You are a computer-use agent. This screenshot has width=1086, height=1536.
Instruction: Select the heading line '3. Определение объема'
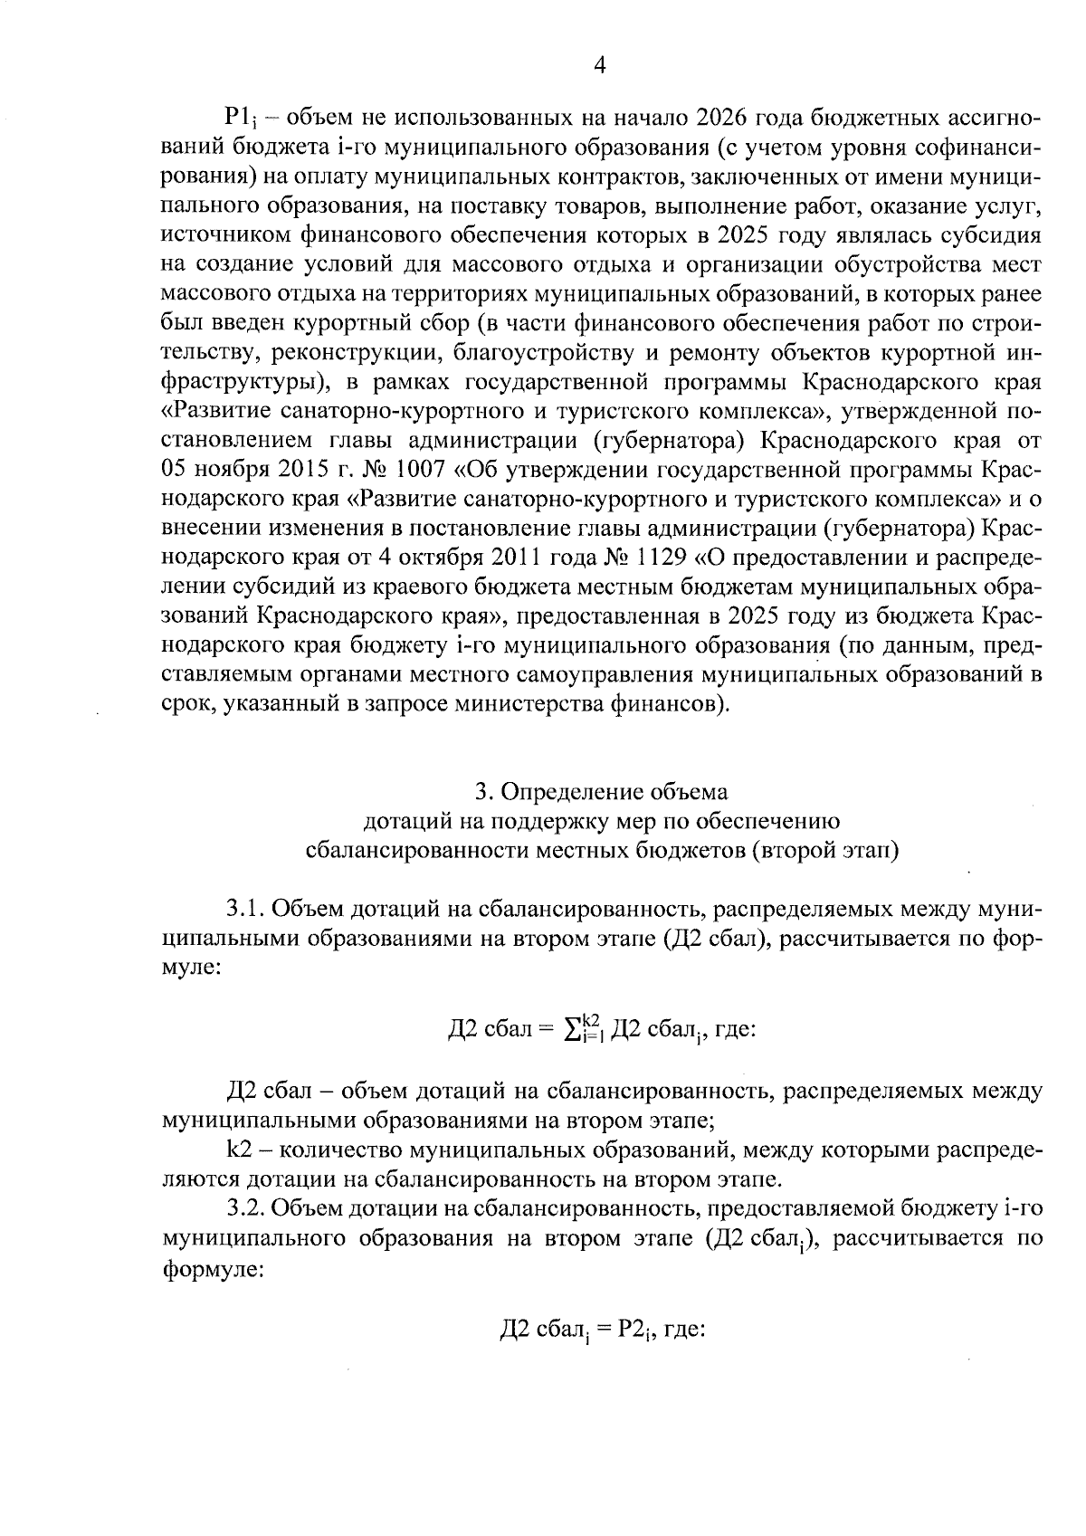point(602,792)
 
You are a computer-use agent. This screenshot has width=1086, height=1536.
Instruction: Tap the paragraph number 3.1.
point(244,908)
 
